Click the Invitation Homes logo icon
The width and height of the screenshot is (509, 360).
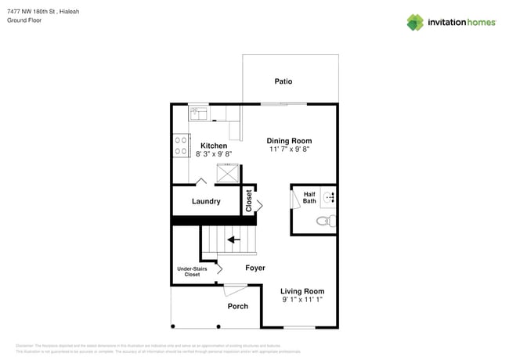415,22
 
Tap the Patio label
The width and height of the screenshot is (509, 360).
283,81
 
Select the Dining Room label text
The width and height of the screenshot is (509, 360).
289,141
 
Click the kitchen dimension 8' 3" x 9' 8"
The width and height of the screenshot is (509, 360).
214,154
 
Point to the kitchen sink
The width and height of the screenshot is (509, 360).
199,114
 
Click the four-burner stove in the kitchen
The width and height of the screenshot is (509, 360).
181,146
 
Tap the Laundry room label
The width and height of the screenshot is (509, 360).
206,201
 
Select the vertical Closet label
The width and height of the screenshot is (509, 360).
249,201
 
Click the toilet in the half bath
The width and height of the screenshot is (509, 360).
324,221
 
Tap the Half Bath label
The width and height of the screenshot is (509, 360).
309,198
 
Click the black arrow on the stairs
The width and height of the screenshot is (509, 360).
233,239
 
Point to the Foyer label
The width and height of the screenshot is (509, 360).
254,268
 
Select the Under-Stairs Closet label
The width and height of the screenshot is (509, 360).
193,272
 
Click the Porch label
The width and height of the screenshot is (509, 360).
237,306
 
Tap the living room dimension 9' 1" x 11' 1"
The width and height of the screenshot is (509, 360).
302,300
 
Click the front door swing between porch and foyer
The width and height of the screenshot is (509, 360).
233,290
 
